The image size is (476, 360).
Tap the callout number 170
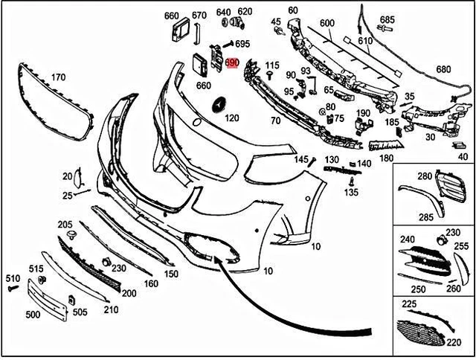(58, 76)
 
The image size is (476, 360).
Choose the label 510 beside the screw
(13, 278)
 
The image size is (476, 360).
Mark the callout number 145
(300, 159)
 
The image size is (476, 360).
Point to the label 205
(65, 224)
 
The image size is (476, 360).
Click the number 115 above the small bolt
(272, 65)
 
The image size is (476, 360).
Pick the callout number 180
(386, 158)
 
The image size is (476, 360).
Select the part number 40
(463, 157)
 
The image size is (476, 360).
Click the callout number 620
(245, 12)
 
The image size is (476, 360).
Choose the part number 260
(453, 289)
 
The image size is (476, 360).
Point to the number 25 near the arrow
(67, 195)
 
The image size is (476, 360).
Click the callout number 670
(199, 15)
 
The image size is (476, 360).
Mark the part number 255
(461, 245)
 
